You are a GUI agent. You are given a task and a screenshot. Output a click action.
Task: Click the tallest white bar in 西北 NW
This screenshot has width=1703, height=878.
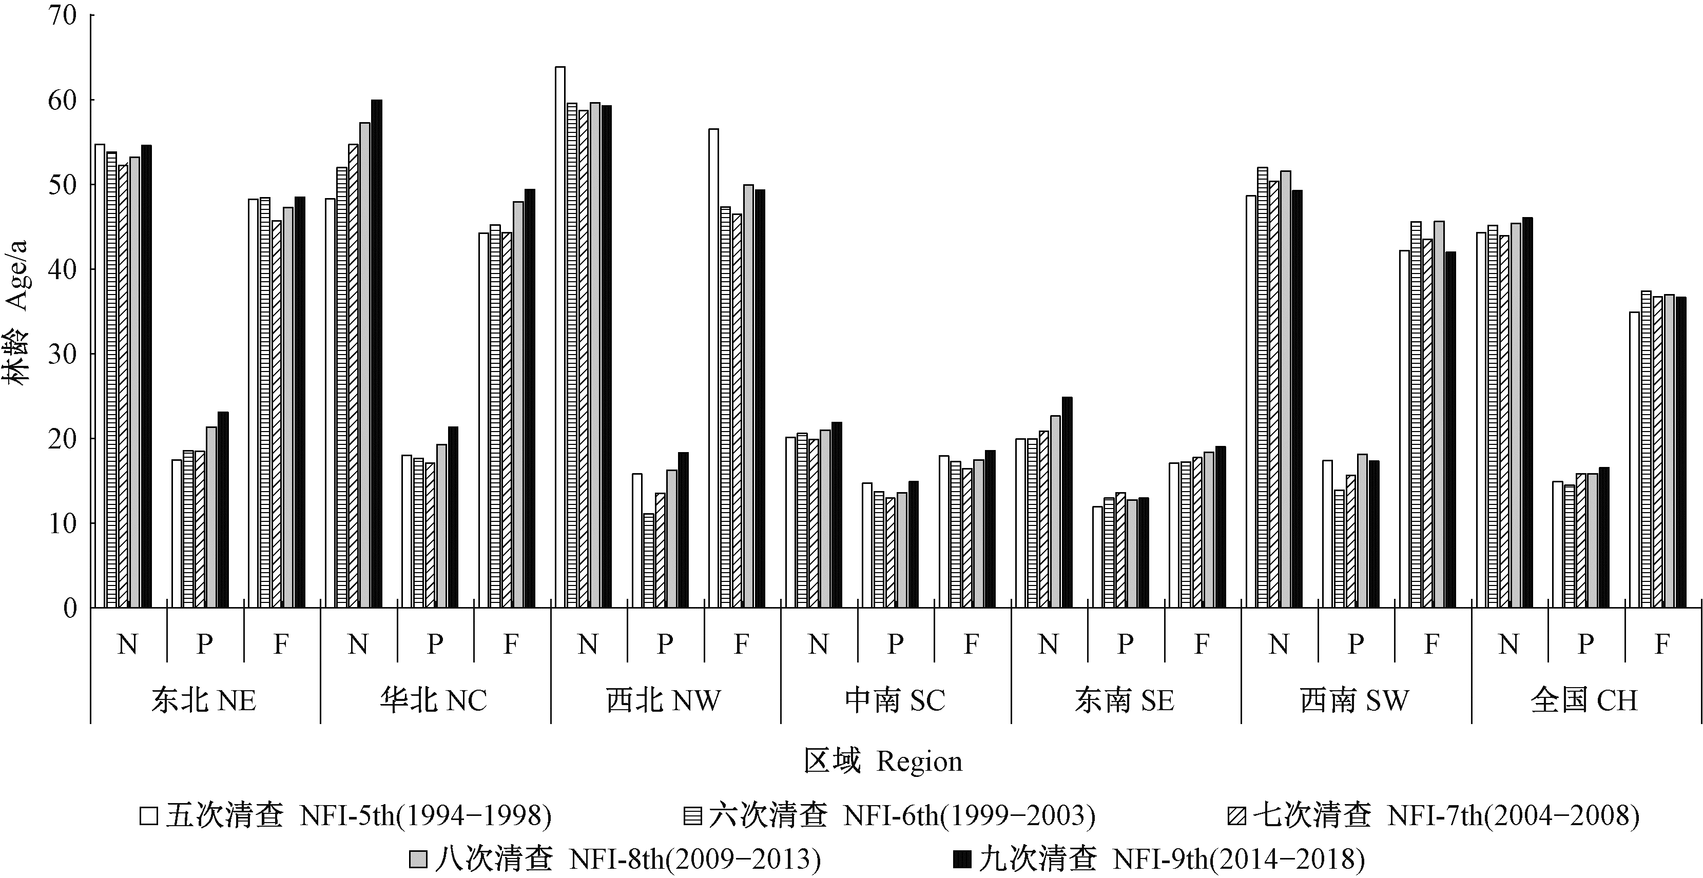[560, 337]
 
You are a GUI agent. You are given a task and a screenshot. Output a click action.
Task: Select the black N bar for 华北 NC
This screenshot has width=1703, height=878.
[376, 354]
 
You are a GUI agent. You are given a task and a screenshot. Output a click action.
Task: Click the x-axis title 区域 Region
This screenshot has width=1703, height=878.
[883, 762]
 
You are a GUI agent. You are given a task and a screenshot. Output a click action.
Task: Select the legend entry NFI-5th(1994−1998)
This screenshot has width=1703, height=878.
[424, 816]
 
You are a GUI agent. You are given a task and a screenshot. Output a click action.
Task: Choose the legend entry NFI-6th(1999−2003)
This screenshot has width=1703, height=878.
[969, 816]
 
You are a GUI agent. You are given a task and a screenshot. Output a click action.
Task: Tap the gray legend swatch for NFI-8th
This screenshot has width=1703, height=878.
[418, 860]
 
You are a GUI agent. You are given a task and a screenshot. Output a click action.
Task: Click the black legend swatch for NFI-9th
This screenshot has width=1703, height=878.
[961, 860]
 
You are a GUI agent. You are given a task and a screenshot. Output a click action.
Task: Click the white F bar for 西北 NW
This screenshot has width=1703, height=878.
[713, 368]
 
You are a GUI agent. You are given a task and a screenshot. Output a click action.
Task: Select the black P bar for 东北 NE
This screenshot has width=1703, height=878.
[223, 510]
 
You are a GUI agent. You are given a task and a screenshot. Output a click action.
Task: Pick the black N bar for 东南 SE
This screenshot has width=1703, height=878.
[1067, 502]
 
